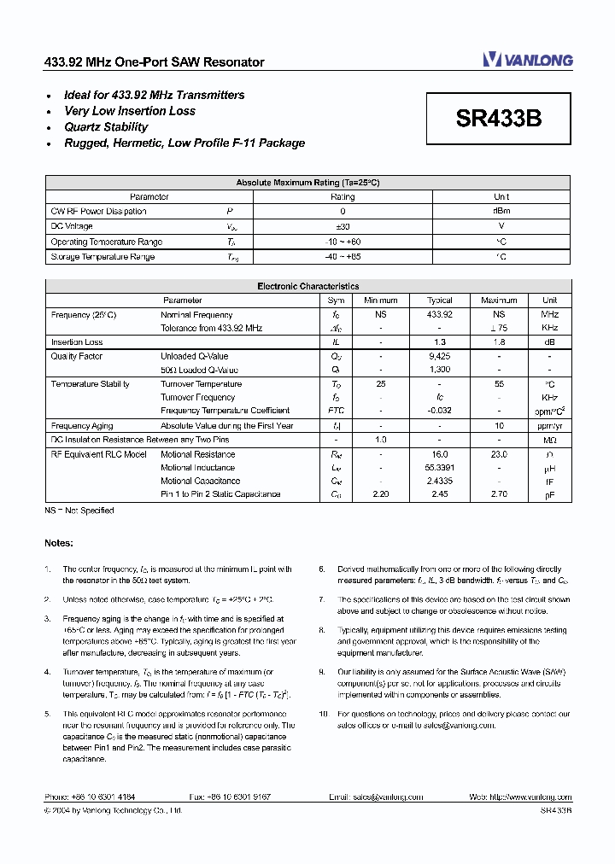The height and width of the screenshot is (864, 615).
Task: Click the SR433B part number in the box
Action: tap(499, 120)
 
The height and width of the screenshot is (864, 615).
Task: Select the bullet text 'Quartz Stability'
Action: tap(106, 127)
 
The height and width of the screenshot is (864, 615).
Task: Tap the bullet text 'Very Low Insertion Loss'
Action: tap(130, 111)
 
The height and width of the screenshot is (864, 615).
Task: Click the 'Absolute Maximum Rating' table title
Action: tap(307, 183)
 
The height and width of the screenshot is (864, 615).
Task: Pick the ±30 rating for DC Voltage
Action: tap(343, 226)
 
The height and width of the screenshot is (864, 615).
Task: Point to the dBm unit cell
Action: tap(501, 211)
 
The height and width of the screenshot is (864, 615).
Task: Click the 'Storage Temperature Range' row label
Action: tap(102, 257)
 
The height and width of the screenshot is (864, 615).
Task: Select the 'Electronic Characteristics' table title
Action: tap(307, 287)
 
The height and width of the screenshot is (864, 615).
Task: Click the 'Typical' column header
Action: tap(440, 301)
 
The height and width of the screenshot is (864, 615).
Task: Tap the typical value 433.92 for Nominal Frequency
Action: tap(440, 315)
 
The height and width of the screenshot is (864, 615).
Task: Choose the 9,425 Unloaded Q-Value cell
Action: tap(440, 356)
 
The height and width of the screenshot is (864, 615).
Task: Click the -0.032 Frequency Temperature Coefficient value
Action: tap(440, 411)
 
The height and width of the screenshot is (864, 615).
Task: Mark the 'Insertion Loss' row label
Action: tap(77, 342)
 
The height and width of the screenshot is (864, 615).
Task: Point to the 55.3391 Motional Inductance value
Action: tap(440, 468)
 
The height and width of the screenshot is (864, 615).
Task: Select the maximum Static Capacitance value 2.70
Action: tap(499, 494)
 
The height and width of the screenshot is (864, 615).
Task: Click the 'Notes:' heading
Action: tap(59, 543)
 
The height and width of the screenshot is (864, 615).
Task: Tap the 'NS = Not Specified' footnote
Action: tap(79, 511)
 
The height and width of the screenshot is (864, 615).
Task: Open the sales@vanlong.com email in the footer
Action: tap(389, 797)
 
